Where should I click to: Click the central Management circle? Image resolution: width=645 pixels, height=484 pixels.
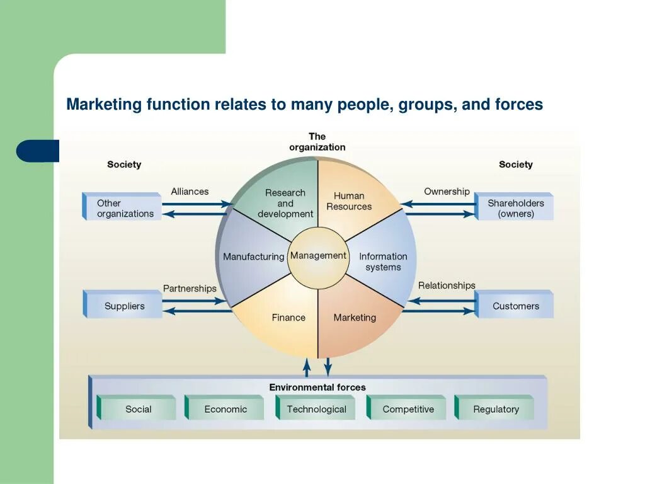click(318, 256)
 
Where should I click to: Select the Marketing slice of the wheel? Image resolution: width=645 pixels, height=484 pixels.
click(355, 318)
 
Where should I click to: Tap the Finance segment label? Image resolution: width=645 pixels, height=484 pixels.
click(288, 318)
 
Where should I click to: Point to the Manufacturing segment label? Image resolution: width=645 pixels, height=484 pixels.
click(253, 257)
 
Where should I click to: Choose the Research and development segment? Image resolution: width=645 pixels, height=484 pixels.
click(285, 203)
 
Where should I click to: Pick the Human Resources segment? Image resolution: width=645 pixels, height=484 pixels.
click(349, 201)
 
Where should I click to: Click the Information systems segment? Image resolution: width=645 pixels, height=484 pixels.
click(383, 262)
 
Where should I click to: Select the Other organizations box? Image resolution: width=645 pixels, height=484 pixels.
click(124, 208)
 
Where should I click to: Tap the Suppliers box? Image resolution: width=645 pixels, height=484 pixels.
click(124, 306)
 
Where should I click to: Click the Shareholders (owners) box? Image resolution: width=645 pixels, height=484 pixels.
click(515, 208)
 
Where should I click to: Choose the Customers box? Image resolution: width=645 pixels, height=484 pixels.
click(515, 306)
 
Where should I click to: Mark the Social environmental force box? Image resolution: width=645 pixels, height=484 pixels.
click(138, 409)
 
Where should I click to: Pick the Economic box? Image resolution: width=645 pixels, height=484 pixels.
click(225, 409)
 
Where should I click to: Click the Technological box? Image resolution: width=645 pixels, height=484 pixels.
click(316, 409)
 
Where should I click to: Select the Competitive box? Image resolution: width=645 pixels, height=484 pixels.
click(408, 409)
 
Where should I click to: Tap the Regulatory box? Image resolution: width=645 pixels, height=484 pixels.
click(496, 409)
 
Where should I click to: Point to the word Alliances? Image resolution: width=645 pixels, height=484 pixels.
click(190, 192)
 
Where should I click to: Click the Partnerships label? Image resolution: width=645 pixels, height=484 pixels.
click(190, 289)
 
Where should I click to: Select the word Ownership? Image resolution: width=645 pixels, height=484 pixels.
click(447, 192)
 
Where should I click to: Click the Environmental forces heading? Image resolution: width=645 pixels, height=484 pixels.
click(317, 387)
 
